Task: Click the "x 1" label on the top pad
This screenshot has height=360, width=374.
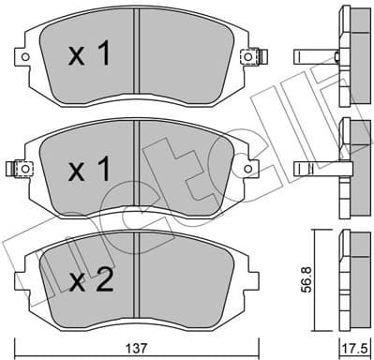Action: [x=90, y=54]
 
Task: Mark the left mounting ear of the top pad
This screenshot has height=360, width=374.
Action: [x=25, y=57]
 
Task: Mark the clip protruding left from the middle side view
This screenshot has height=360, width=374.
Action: [x=313, y=168]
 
